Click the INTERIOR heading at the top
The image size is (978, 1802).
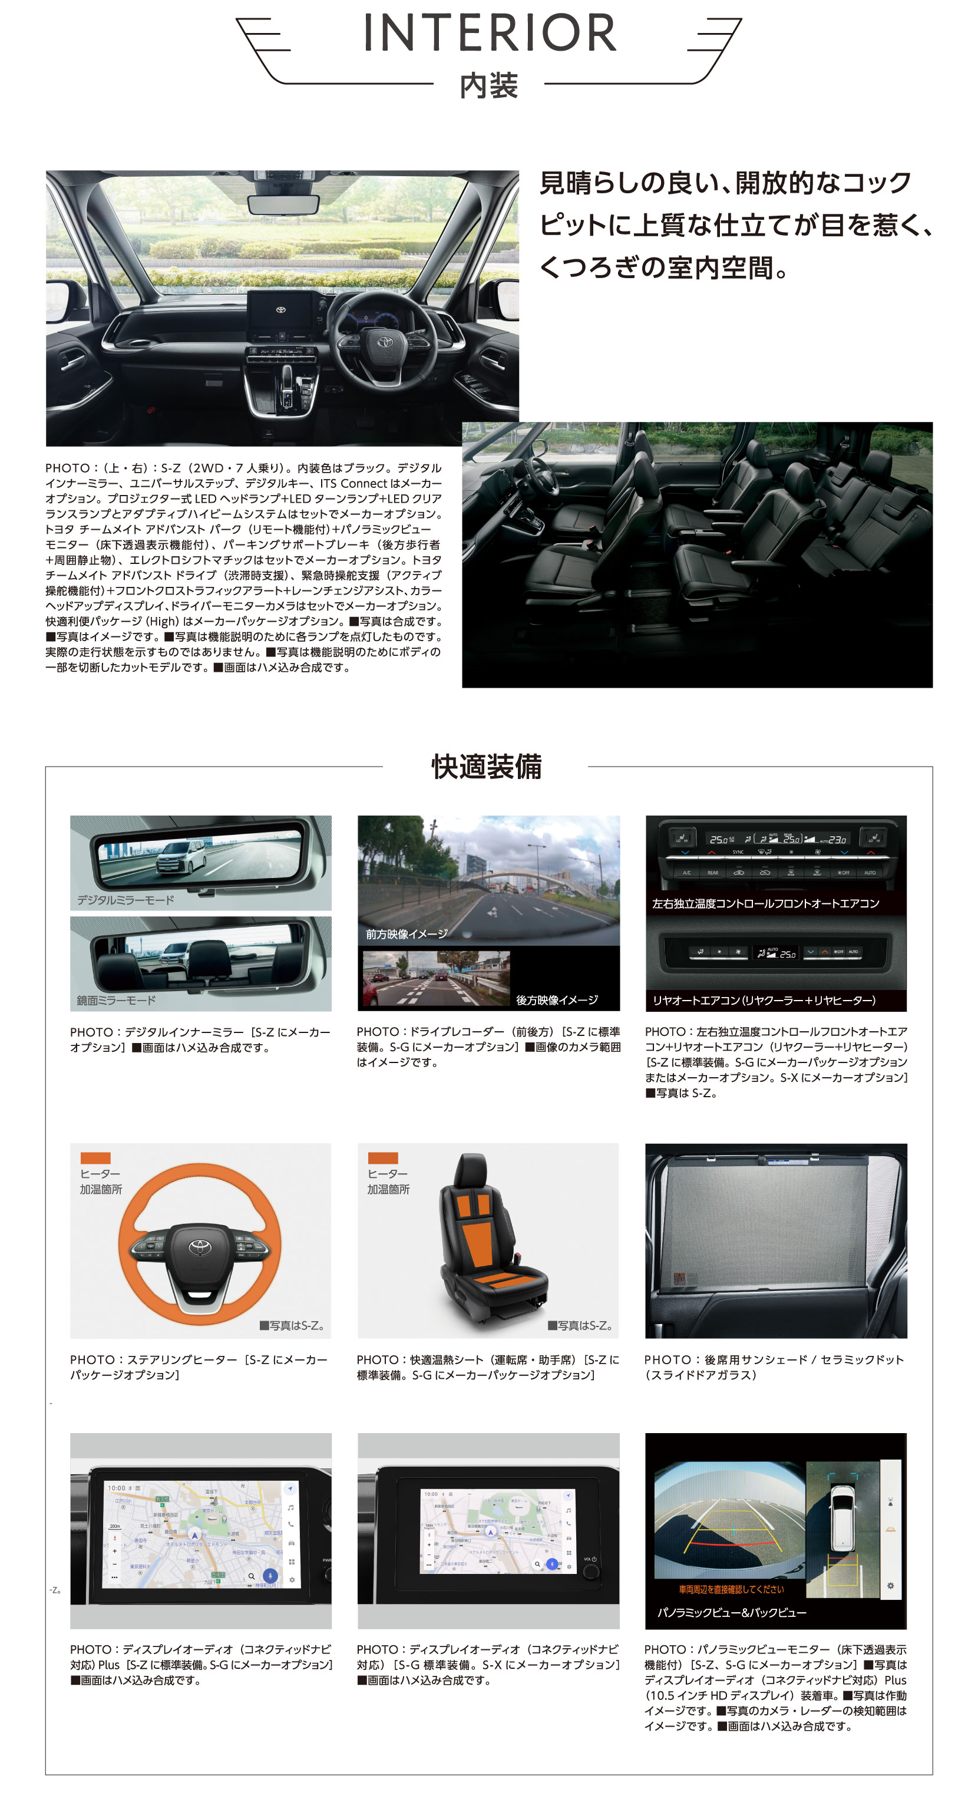click(489, 33)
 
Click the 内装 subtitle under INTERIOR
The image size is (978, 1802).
click(488, 86)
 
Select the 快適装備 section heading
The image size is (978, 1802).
click(486, 767)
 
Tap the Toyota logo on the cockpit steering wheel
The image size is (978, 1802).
click(385, 341)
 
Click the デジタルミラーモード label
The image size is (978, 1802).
click(125, 900)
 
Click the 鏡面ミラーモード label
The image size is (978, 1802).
click(116, 1001)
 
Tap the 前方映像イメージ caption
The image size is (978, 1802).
click(407, 934)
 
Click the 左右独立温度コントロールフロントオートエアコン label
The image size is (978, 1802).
click(765, 903)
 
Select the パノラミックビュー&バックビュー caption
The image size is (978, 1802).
click(731, 1612)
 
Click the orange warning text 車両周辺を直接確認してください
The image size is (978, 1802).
click(731, 1589)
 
